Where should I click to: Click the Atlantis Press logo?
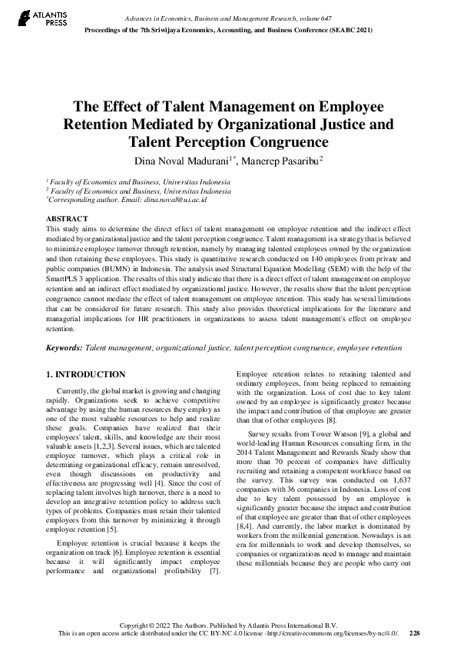28,18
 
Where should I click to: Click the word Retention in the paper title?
94,124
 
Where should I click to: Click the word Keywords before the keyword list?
64,347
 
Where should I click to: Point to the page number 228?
415,633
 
